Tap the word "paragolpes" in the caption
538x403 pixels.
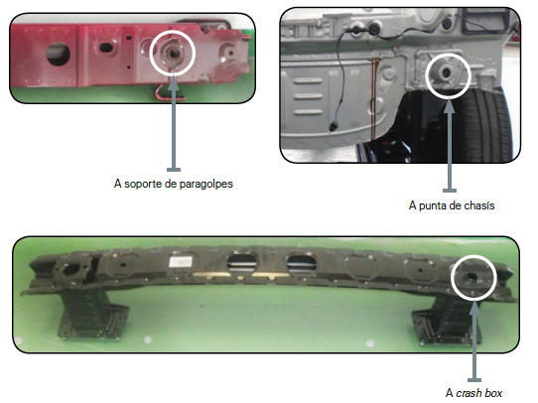point(205,185)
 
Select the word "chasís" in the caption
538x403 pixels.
point(479,205)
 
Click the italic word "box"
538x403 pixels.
point(493,393)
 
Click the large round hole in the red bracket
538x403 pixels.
point(59,54)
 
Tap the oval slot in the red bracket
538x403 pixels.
point(104,47)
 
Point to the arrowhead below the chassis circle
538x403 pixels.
point(449,105)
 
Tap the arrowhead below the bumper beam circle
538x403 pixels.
point(474,308)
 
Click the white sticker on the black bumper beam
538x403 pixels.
point(180,262)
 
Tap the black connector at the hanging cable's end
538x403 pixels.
point(334,127)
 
